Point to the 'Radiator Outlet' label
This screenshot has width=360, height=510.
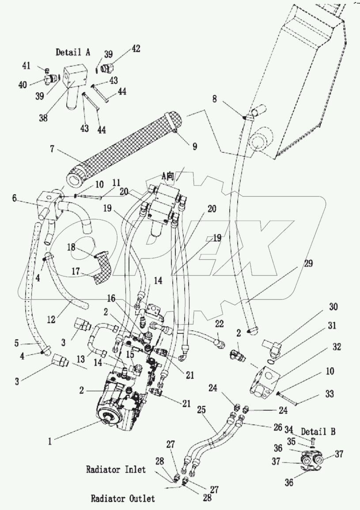coord(123,499)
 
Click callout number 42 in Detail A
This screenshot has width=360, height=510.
coord(136,49)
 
